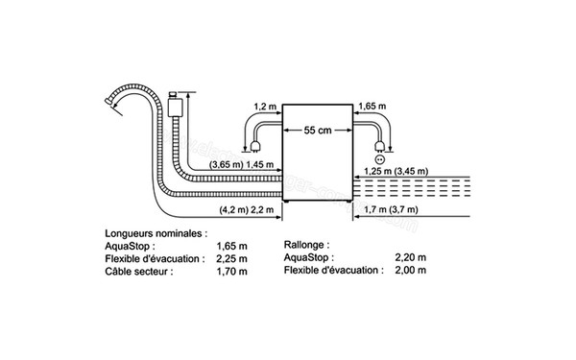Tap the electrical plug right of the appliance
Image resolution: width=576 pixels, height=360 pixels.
[x=380, y=146]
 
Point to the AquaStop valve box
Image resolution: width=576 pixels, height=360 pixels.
[x=175, y=103]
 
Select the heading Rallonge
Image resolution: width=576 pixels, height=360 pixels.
[x=308, y=245]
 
